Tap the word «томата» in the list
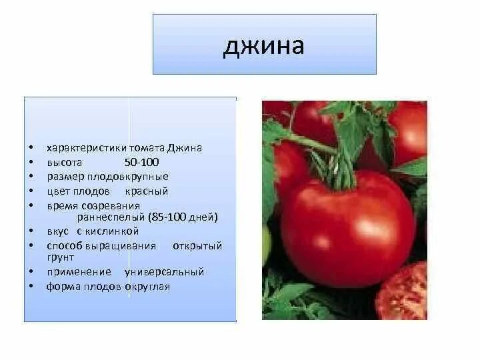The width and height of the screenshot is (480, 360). [x=129, y=148]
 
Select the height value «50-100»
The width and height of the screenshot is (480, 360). [x=141, y=163]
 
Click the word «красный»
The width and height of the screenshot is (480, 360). [x=146, y=191]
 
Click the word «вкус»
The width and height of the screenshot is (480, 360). [x=57, y=231]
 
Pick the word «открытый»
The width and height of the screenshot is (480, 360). [x=197, y=246]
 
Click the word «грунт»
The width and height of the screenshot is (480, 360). [x=60, y=257]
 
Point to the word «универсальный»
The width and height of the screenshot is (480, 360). [x=164, y=272]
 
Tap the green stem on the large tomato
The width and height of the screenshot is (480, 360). [x=341, y=170]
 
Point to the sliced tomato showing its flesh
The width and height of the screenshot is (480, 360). [x=403, y=293]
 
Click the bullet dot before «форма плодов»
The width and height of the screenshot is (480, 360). [x=30, y=287]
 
